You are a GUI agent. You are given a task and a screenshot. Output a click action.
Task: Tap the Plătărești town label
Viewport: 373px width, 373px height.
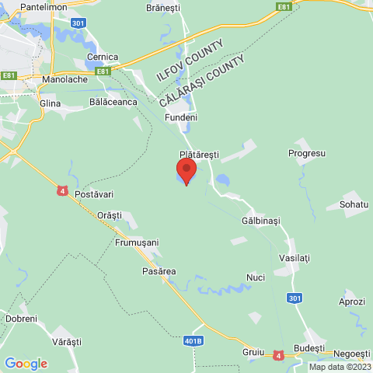tap(200, 155)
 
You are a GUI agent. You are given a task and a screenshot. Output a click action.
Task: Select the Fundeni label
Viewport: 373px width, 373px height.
tap(180, 117)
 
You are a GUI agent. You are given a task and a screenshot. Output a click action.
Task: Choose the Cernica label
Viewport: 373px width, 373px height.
tap(103, 57)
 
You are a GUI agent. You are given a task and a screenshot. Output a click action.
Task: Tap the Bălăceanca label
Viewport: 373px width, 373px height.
tap(113, 102)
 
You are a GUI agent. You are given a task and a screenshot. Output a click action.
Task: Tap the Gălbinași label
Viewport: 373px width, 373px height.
tap(260, 221)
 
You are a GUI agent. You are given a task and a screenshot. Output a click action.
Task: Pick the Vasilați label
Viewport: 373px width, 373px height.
tap(295, 256)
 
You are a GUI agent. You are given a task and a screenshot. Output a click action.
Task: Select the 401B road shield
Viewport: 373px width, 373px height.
tap(194, 340)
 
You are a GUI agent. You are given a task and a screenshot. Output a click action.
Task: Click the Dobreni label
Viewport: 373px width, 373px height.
tap(21, 319)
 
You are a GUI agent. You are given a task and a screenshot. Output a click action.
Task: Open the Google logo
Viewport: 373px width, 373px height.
tap(26, 363)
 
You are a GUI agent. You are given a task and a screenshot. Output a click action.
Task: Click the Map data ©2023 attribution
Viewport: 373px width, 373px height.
tap(340, 367)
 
